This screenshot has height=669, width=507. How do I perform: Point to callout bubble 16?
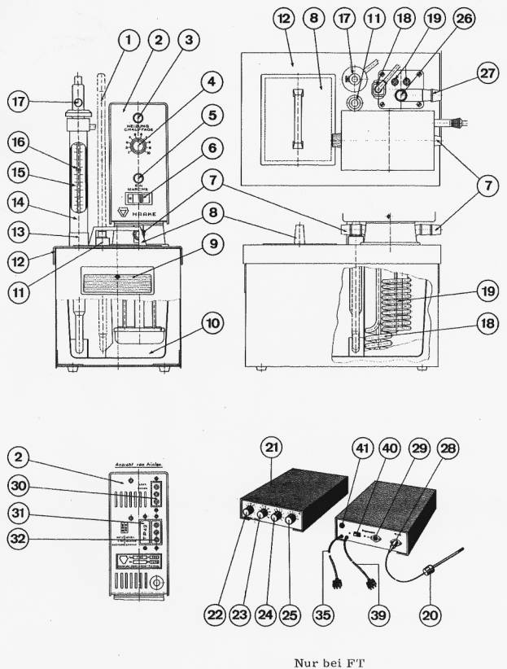pos(20,142)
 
